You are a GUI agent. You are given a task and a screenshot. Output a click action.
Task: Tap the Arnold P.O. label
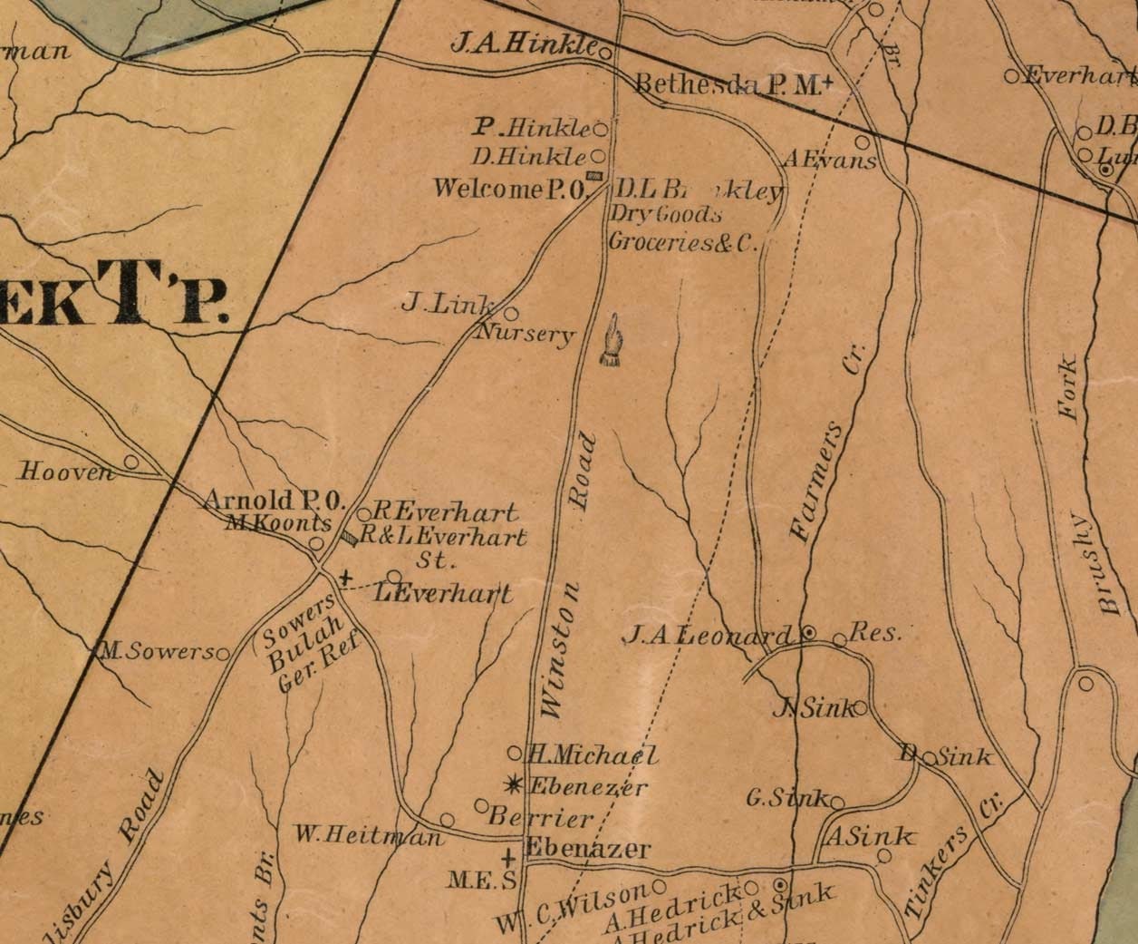point(275,500)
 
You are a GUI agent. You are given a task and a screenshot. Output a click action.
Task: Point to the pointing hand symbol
point(613,341)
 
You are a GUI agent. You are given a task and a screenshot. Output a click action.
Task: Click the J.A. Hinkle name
point(523,44)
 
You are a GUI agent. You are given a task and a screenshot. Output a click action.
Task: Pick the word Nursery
point(526,334)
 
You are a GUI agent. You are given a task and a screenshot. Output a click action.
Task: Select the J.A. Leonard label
point(708,636)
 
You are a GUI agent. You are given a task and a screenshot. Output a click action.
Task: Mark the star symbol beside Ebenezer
point(515,784)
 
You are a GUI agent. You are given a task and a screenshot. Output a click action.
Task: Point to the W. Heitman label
point(368,834)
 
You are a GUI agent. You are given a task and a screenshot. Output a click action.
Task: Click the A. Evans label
point(830,160)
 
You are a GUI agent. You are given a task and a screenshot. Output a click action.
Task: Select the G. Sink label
point(786,799)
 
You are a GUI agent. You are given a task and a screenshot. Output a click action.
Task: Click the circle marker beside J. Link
point(511,314)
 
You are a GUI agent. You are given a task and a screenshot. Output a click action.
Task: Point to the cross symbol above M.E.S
point(508,856)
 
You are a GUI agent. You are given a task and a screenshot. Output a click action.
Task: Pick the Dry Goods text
point(666,215)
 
